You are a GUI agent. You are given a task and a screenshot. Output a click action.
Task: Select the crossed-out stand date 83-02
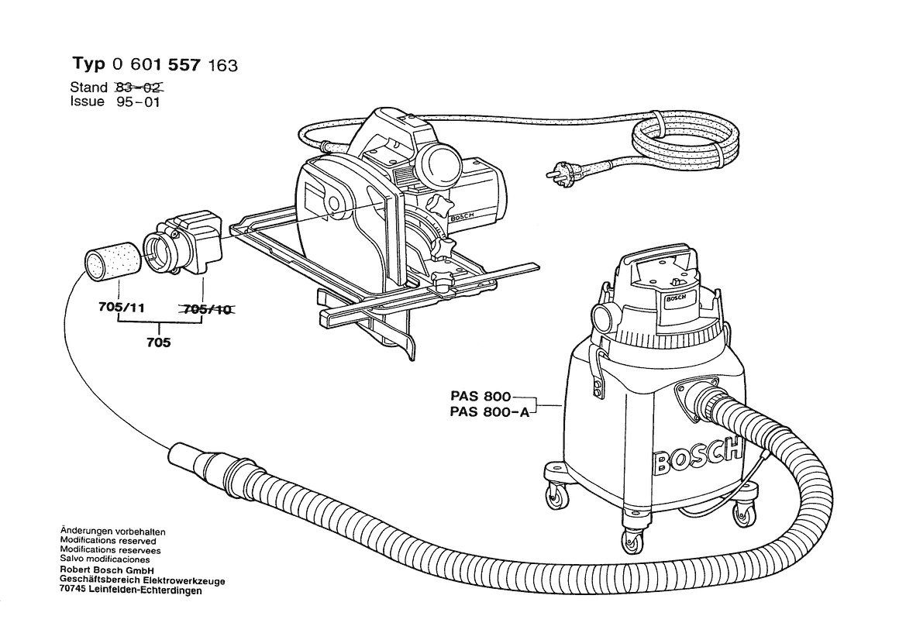pos(140,88)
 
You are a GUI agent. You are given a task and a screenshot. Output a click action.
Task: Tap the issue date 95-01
pos(136,102)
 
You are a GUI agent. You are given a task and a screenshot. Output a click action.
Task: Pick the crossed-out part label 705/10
pos(207,309)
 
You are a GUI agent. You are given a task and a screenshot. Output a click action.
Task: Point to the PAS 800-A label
pos(488,412)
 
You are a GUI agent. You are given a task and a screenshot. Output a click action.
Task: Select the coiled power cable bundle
pos(683,144)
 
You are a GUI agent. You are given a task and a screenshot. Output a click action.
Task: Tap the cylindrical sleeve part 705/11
pos(110,261)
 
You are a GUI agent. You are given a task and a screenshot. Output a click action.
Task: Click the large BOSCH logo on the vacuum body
pos(696,457)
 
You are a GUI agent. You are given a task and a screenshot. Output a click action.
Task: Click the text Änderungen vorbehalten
pos(112,532)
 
